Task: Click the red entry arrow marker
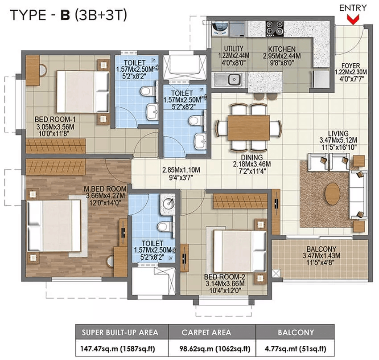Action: point(354,20)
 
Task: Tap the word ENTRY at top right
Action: point(353,8)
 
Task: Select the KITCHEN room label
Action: point(282,49)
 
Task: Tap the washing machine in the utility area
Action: point(221,29)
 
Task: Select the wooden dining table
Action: point(249,127)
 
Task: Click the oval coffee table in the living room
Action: point(332,193)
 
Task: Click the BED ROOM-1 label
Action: point(58,119)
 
